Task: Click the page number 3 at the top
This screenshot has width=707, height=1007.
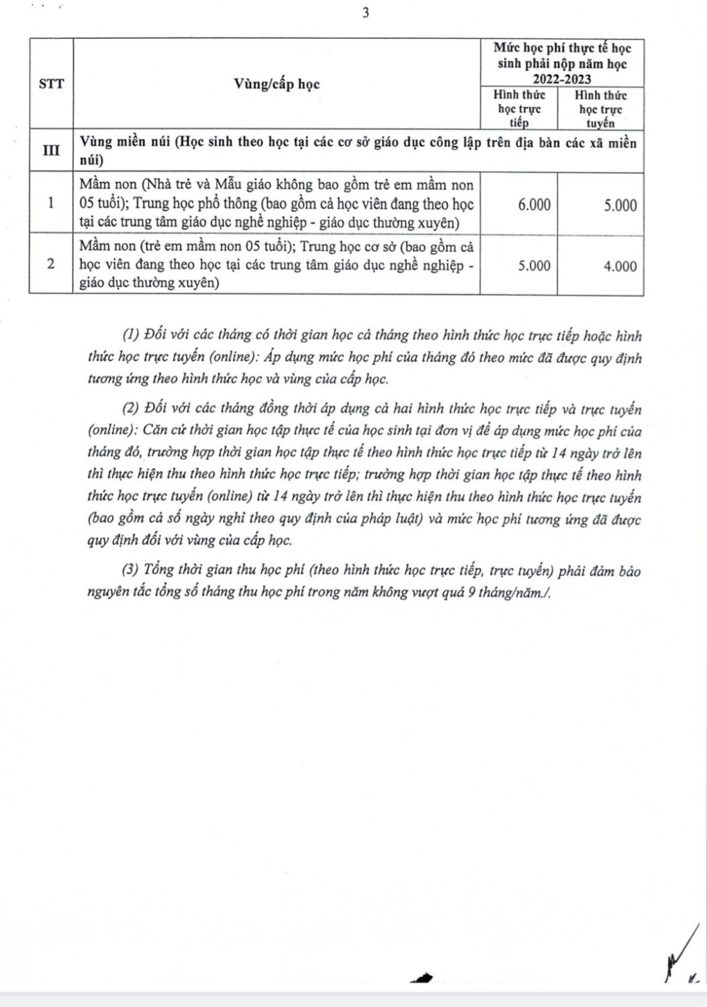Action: pyautogui.click(x=366, y=13)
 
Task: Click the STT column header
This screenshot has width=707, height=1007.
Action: pyautogui.click(x=51, y=84)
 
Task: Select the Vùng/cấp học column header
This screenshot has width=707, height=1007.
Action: pyautogui.click(x=277, y=84)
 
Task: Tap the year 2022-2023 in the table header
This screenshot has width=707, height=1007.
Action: pyautogui.click(x=562, y=79)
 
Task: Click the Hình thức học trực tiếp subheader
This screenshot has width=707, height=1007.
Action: pyautogui.click(x=519, y=109)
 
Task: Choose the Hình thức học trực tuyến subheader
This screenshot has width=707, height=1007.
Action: pyautogui.click(x=600, y=109)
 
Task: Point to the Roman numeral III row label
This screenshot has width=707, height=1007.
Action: pyautogui.click(x=51, y=150)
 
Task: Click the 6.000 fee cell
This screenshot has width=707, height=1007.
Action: pyautogui.click(x=534, y=205)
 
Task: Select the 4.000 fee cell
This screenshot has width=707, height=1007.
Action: pyautogui.click(x=620, y=266)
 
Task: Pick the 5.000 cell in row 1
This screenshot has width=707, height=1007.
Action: pyautogui.click(x=620, y=205)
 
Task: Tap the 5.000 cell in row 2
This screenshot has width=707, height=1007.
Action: pyautogui.click(x=534, y=266)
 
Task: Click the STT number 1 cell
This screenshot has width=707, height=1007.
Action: pyautogui.click(x=51, y=203)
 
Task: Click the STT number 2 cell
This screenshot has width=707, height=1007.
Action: pyautogui.click(x=51, y=264)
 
